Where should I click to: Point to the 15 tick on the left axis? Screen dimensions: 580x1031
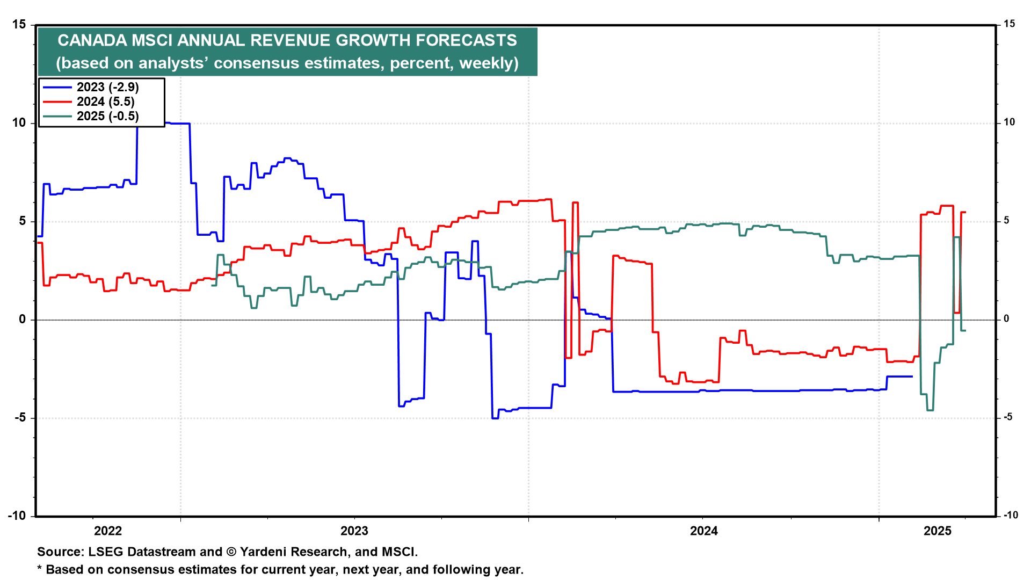point(19,24)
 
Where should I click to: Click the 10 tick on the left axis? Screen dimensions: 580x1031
point(19,122)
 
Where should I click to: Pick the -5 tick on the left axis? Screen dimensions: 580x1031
point(20,418)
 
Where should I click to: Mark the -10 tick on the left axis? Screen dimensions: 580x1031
point(17,516)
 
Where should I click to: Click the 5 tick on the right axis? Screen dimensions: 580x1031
point(1006,221)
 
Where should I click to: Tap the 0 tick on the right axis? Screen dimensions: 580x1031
point(1006,319)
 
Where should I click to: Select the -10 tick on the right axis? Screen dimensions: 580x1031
point(1010,515)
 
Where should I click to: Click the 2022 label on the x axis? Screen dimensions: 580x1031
point(108,531)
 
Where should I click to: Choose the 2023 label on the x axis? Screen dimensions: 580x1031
point(354,531)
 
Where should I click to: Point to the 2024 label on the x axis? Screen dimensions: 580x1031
point(703,531)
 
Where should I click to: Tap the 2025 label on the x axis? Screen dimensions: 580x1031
point(938,531)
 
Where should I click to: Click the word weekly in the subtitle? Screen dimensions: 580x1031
point(487,63)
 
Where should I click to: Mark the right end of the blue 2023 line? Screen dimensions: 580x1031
point(912,376)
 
